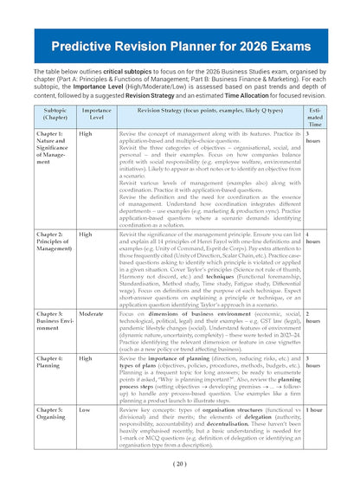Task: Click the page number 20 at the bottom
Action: [180, 463]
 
